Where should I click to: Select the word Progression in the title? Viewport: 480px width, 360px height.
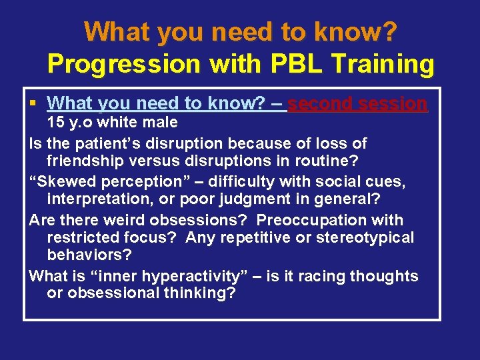pos(123,64)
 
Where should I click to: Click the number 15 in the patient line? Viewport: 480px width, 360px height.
pos(55,122)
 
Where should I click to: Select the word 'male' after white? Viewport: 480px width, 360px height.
pos(161,122)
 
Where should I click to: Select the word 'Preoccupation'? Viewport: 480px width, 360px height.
pos(307,219)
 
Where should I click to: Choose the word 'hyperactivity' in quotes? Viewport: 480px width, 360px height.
pos(166,276)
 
